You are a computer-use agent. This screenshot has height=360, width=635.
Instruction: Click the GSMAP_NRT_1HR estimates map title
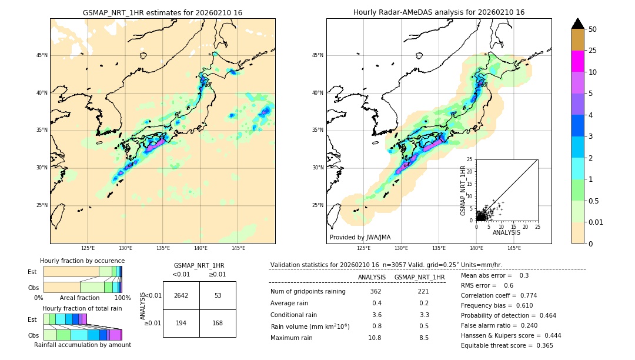(162, 12)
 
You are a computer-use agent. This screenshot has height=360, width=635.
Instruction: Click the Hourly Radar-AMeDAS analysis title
(439, 12)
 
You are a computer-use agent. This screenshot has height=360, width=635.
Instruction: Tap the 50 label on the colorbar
(593, 29)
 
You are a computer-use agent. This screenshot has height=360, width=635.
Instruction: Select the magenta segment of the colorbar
(577, 61)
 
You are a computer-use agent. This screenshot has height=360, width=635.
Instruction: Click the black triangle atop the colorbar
(577, 24)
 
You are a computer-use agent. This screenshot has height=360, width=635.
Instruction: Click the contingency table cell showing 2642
(181, 295)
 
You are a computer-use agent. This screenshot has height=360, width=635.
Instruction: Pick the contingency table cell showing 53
(218, 295)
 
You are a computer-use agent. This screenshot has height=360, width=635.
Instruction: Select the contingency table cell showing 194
(181, 323)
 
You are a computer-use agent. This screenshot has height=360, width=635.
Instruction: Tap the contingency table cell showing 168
(218, 323)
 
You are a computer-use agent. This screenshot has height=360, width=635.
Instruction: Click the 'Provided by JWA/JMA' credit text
(360, 237)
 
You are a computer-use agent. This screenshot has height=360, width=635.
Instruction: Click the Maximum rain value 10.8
(375, 338)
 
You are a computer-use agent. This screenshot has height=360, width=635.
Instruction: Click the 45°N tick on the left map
(42, 55)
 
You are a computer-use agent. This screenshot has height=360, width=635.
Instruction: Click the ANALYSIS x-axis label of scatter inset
(506, 232)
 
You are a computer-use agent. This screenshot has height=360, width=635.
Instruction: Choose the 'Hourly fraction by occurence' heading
(82, 261)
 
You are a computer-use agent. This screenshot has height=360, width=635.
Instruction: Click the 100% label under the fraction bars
(122, 298)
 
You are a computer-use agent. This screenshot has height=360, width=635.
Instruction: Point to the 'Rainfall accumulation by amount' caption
(82, 345)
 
